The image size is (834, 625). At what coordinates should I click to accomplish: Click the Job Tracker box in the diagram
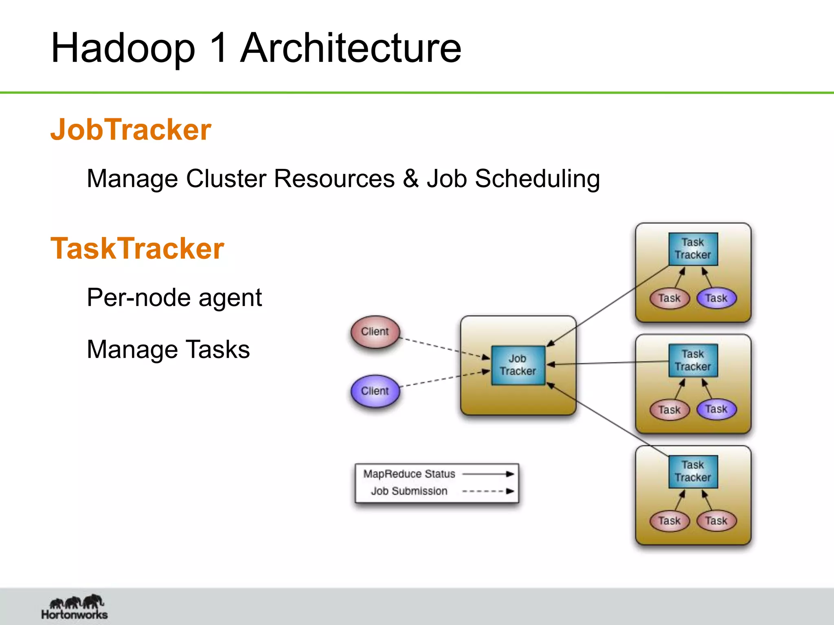(518, 365)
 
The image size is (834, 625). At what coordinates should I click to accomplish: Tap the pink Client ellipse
(375, 332)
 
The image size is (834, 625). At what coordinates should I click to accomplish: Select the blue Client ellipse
(375, 391)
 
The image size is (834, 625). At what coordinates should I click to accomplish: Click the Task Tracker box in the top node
(693, 249)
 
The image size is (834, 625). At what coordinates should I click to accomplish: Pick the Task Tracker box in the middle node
(693, 361)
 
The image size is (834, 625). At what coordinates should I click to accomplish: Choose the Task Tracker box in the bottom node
(693, 471)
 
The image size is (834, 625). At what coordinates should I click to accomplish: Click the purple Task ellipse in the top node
(716, 298)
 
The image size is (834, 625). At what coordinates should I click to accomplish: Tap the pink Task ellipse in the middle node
(669, 410)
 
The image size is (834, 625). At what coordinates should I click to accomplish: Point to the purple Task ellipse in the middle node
(716, 409)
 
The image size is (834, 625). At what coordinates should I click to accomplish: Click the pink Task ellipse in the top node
(669, 298)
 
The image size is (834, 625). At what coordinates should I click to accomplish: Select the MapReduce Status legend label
(409, 474)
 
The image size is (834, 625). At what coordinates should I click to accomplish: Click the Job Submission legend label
(409, 491)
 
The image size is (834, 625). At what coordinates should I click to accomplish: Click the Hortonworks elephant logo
(76, 603)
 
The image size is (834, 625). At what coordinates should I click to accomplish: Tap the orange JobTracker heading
(131, 130)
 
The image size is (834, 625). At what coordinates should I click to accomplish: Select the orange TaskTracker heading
(137, 249)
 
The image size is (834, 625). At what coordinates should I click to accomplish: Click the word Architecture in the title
(351, 48)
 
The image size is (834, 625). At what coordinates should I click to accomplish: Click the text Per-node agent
(174, 297)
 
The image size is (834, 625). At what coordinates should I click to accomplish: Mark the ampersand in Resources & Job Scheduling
(411, 179)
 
